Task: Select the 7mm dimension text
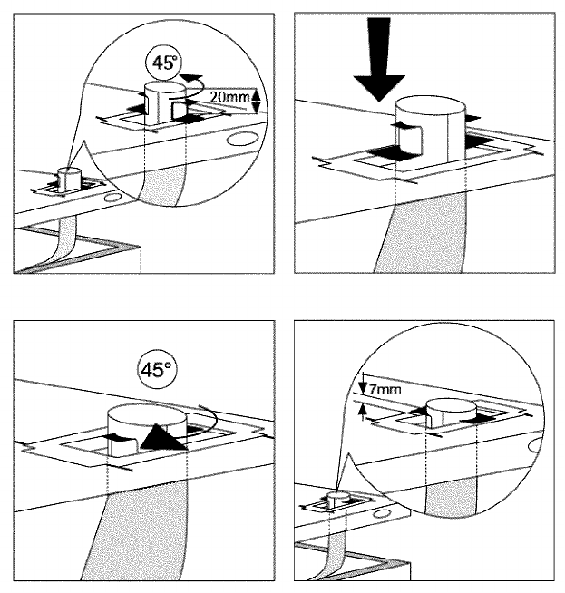386,391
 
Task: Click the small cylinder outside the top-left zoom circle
65,175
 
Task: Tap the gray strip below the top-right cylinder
426,236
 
